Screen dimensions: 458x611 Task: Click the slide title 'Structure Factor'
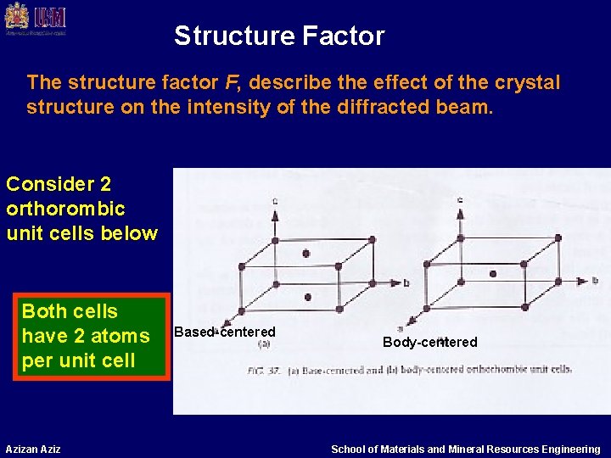tap(279, 36)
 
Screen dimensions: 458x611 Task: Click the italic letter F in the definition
tap(231, 83)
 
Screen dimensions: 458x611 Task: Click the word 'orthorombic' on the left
tap(65, 209)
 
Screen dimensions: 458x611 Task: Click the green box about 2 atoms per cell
tap(86, 336)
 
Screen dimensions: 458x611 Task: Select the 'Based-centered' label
tap(225, 332)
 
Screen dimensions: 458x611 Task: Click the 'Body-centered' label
tap(429, 342)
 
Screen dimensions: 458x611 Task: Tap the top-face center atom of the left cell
tap(305, 253)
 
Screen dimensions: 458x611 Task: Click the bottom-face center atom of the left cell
tap(307, 298)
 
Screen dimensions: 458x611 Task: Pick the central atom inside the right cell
tap(493, 274)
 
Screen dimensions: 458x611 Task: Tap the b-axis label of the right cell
tap(595, 279)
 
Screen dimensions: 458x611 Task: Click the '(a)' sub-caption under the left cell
tap(264, 344)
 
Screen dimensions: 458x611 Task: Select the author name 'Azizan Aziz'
tap(32, 449)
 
